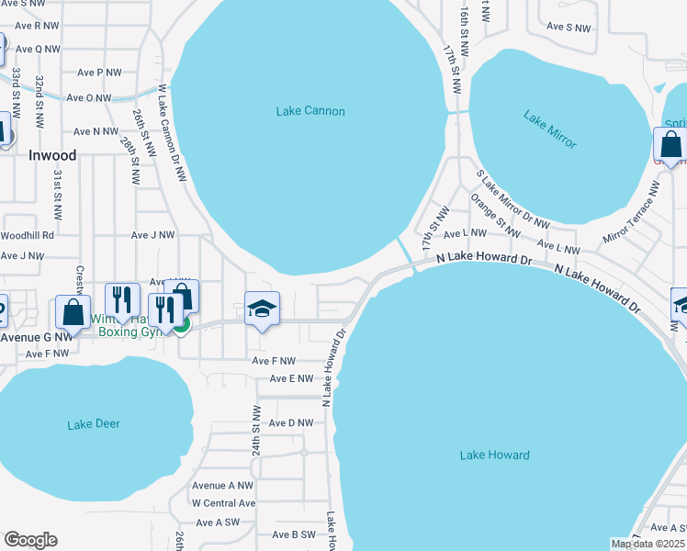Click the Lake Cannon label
(310, 111)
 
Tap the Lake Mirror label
(550, 129)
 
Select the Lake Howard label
(494, 455)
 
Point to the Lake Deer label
(94, 424)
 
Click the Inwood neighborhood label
(52, 155)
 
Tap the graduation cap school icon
(262, 309)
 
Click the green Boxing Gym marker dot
(182, 323)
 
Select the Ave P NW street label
(99, 73)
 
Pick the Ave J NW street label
(152, 235)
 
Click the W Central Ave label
(223, 503)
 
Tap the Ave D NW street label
(291, 423)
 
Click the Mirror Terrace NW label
(631, 212)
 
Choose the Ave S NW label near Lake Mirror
(569, 28)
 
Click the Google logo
(30, 540)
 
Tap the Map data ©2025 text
(648, 544)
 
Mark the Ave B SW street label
(294, 534)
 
